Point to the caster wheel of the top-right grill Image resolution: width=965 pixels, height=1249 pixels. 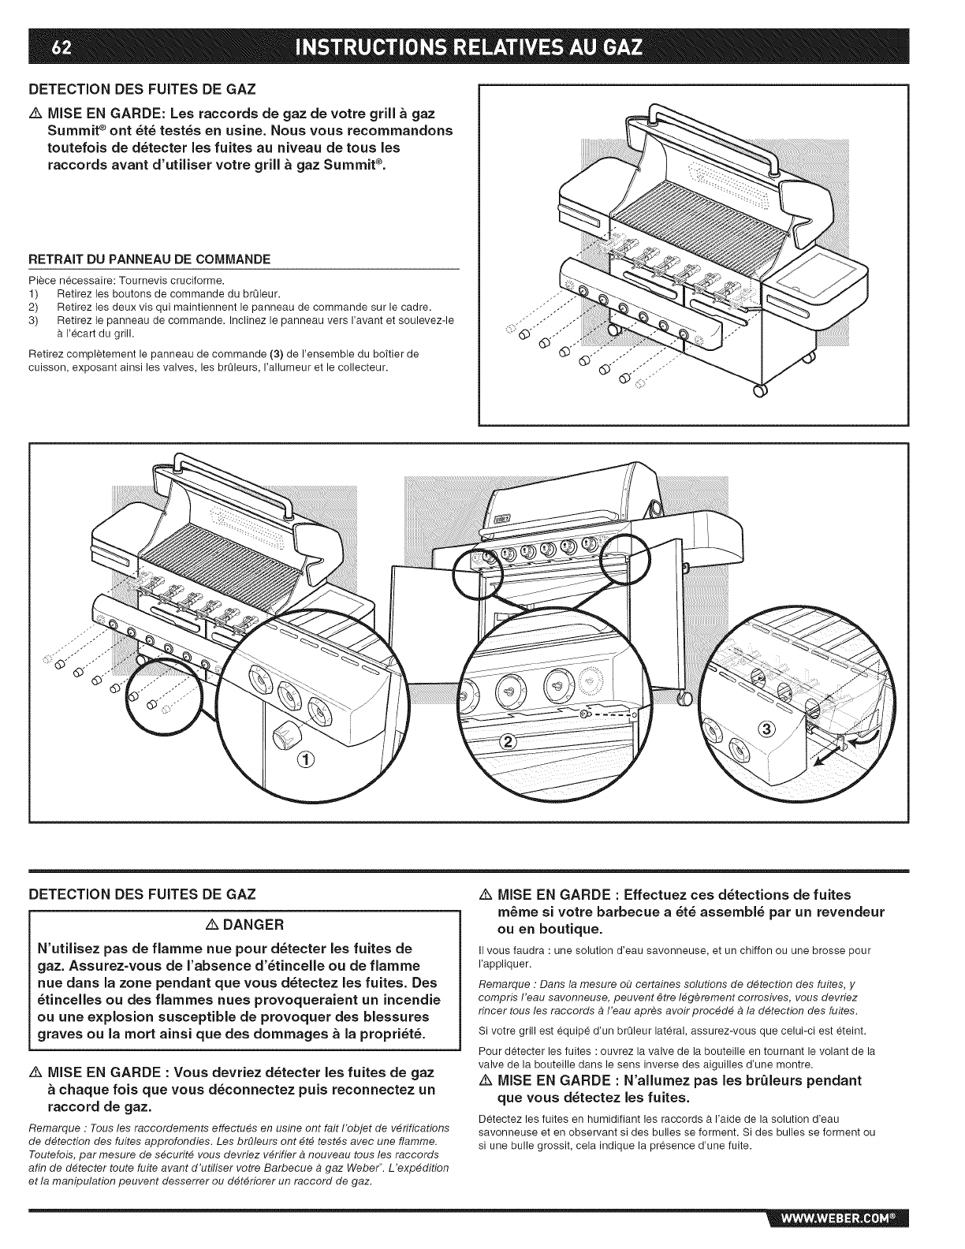coord(760,391)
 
